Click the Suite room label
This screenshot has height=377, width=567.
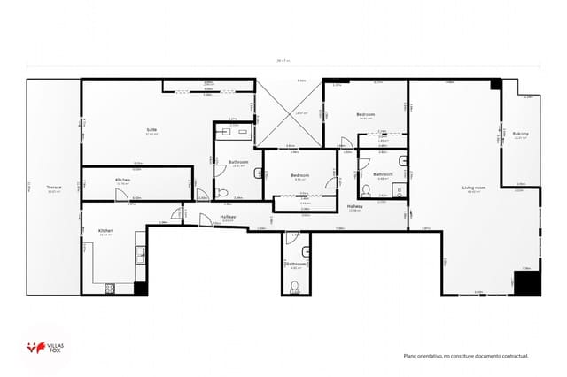tap(152, 130)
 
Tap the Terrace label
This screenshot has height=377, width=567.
tap(54, 188)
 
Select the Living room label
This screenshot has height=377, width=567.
tap(473, 188)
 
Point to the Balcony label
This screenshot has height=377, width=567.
tap(520, 134)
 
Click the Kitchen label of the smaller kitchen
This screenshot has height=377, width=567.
tap(122, 180)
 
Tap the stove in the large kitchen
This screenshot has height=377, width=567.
tap(112, 287)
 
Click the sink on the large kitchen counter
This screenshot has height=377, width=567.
tap(140, 254)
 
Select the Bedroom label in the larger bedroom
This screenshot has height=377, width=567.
tap(366, 114)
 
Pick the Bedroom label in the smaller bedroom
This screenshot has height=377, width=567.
tap(299, 175)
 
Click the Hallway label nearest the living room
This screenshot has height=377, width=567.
tap(354, 206)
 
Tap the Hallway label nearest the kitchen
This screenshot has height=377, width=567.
tap(228, 216)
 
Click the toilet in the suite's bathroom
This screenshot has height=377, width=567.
tap(223, 193)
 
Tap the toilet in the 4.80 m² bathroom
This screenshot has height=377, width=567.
tap(294, 286)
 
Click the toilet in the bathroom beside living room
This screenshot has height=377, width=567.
tap(365, 190)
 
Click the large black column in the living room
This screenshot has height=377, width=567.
tap(528, 283)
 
